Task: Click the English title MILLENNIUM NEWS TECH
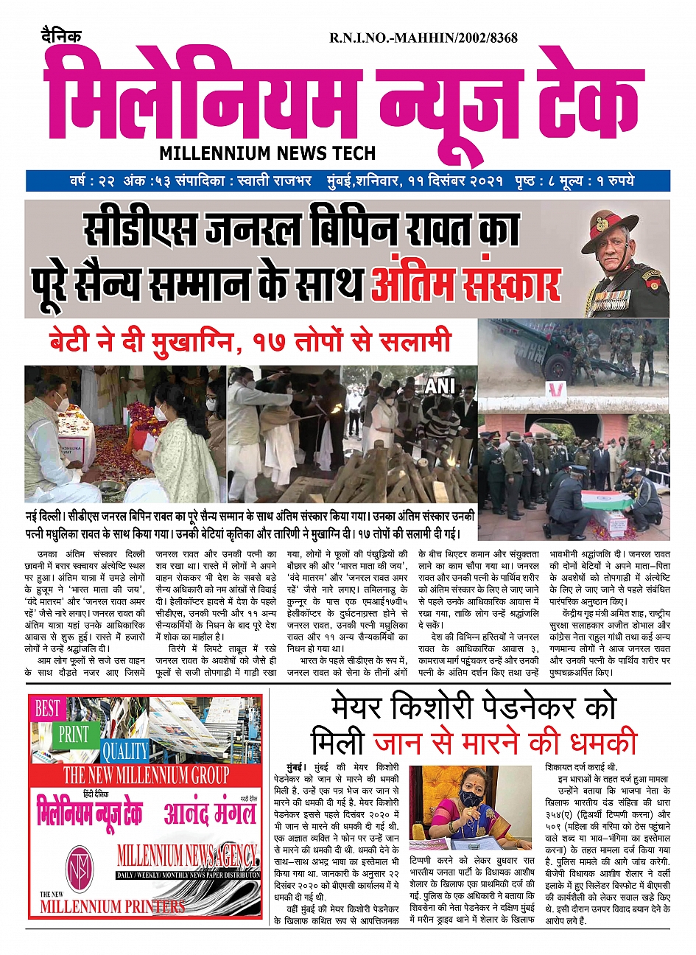pyautogui.click(x=267, y=153)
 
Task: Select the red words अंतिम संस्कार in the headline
pyautogui.click(x=465, y=282)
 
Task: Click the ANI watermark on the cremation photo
pyautogui.click(x=439, y=386)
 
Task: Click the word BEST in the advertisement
pyautogui.click(x=48, y=709)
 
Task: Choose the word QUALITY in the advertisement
pyautogui.click(x=125, y=751)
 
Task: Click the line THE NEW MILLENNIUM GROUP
pyautogui.click(x=146, y=775)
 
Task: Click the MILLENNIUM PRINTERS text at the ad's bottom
pyautogui.click(x=112, y=906)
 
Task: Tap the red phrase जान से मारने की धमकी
pyautogui.click(x=505, y=743)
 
